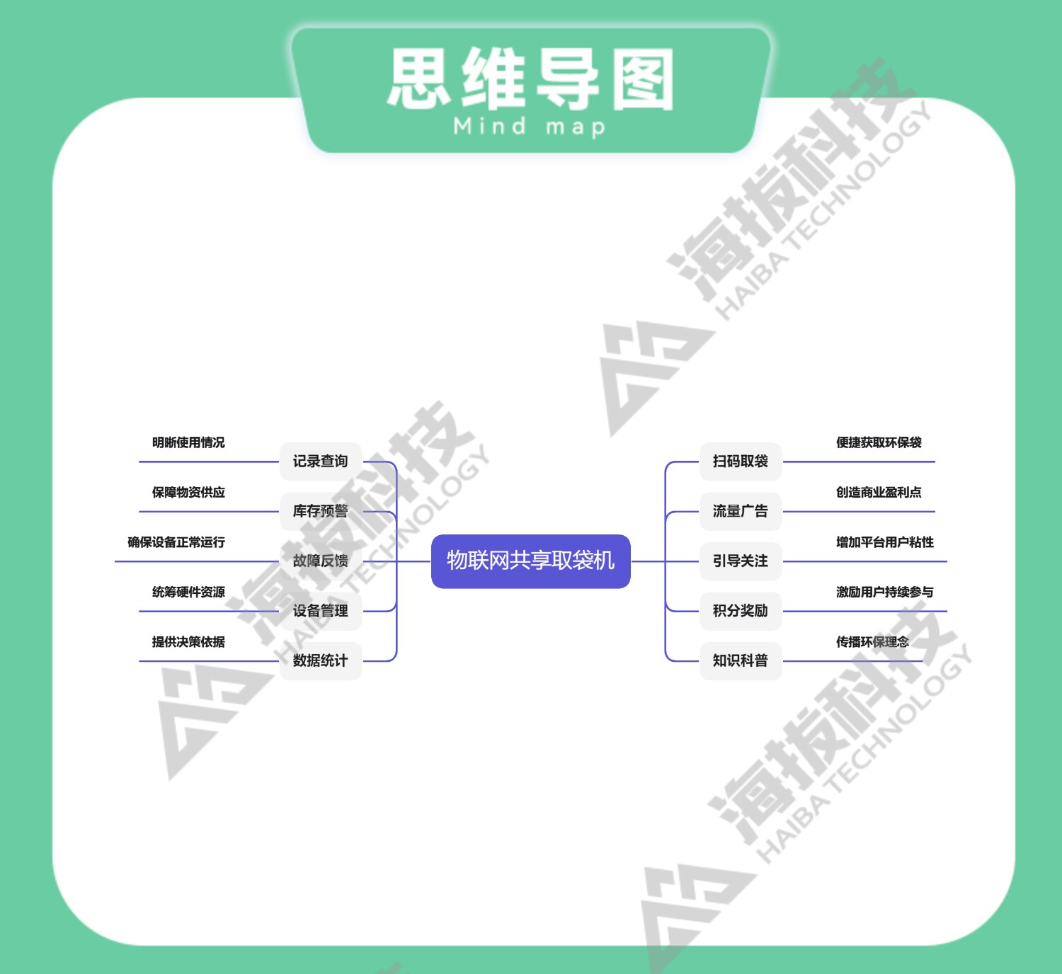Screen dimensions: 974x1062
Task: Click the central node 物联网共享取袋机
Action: pos(530,561)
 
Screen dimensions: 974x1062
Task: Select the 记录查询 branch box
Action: pos(321,462)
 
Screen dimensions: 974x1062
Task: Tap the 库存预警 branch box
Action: pos(321,511)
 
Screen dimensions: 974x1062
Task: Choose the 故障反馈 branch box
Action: pos(321,561)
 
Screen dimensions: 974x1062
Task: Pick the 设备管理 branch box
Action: pos(321,611)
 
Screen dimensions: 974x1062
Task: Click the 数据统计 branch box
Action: pos(321,660)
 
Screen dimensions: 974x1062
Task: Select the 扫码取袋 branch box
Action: pos(741,462)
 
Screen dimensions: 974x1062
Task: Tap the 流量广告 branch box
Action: pos(741,511)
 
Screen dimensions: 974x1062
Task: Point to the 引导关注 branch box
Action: pos(741,561)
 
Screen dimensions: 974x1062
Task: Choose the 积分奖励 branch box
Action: pos(741,611)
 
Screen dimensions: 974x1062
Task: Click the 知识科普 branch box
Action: pos(741,660)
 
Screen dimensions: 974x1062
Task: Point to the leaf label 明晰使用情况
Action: pos(188,443)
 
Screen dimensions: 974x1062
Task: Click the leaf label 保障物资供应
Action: pos(188,493)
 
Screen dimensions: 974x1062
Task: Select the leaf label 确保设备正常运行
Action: pos(176,542)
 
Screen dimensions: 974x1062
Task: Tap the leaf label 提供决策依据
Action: pos(188,642)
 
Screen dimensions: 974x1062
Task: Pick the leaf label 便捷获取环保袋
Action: pos(879,443)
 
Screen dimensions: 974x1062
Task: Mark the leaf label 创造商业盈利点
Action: pos(879,493)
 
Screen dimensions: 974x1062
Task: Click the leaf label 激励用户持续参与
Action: pos(885,592)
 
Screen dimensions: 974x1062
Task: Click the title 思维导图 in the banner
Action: pos(530,79)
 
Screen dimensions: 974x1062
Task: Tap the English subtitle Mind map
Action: pos(530,127)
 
